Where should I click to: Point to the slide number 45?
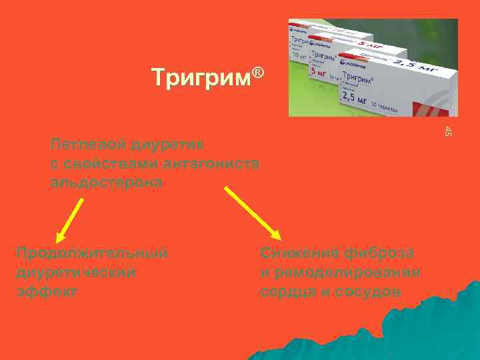[x=448, y=132]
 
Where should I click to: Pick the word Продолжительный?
[x=91, y=253]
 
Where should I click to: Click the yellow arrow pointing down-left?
[x=69, y=220]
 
